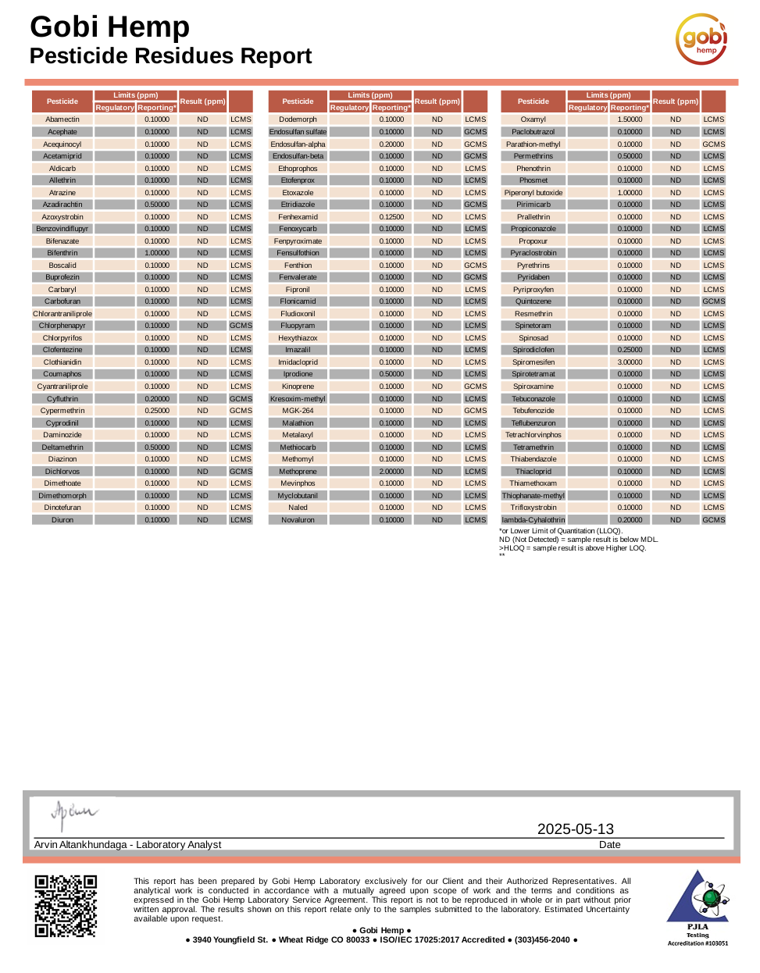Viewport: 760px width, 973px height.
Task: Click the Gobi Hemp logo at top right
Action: click(x=701, y=39)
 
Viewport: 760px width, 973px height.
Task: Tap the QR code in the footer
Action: click(x=66, y=906)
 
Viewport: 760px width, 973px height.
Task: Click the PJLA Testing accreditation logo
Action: click(x=698, y=907)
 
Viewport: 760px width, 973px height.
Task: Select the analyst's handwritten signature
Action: click(x=73, y=814)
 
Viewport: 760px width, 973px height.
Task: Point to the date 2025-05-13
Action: click(x=575, y=829)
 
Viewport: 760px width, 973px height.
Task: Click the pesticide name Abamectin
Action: click(x=62, y=119)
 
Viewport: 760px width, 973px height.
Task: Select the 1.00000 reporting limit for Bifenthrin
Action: click(x=157, y=253)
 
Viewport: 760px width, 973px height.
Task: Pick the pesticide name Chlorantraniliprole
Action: click(x=62, y=314)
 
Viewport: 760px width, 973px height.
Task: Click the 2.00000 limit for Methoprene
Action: click(x=391, y=472)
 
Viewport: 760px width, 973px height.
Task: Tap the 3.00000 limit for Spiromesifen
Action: click(x=630, y=362)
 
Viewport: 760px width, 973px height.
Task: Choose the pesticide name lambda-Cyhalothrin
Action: click(x=533, y=520)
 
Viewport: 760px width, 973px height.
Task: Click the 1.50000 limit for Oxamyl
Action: click(x=630, y=119)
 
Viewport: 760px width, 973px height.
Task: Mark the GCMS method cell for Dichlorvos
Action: click(x=241, y=472)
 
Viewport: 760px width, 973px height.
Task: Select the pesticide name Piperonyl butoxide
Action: click(x=533, y=193)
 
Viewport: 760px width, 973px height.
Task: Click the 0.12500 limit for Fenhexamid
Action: click(x=391, y=217)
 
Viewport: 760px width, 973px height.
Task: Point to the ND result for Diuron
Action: click(x=202, y=520)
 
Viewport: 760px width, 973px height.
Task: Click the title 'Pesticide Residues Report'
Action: click(x=170, y=56)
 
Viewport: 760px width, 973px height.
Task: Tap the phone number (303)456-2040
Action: click(x=542, y=939)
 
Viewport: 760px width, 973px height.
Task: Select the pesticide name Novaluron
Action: click(x=298, y=520)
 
